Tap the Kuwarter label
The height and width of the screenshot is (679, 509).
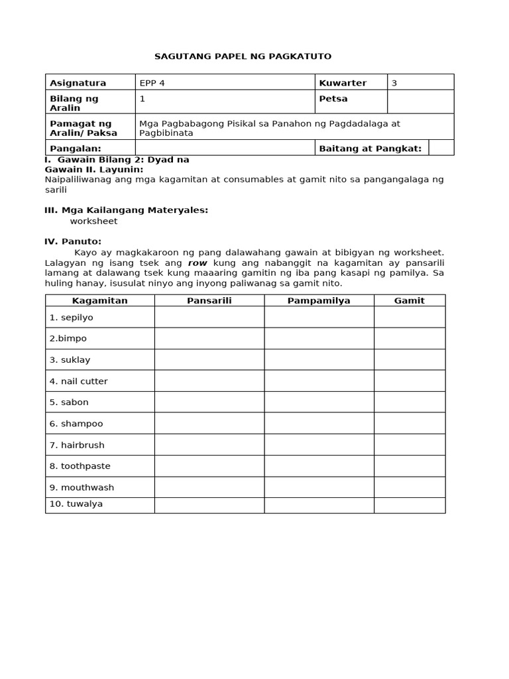coord(343,83)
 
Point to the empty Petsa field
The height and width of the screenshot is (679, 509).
coord(420,102)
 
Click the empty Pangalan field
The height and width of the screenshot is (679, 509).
coord(225,148)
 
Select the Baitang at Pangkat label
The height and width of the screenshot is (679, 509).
coord(370,148)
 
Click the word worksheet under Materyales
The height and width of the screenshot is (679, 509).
coord(93,221)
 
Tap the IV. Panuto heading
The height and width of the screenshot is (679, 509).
coord(73,241)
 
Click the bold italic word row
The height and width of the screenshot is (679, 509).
coord(198,263)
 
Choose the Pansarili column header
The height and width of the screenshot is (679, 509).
coord(209,300)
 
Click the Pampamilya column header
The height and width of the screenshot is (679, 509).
coord(319,300)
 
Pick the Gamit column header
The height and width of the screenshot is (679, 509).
coord(410,300)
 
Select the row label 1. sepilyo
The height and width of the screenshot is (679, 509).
coord(72,318)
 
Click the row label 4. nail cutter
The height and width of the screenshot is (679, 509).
coord(79,381)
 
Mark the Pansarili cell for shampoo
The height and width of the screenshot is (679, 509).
coord(209,423)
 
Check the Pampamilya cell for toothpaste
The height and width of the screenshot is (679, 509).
coord(319,465)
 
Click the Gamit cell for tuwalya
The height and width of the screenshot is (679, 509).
coord(410,504)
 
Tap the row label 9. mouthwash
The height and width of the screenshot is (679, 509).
coord(82,487)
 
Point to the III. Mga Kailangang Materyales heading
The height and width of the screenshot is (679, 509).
coord(126,210)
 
